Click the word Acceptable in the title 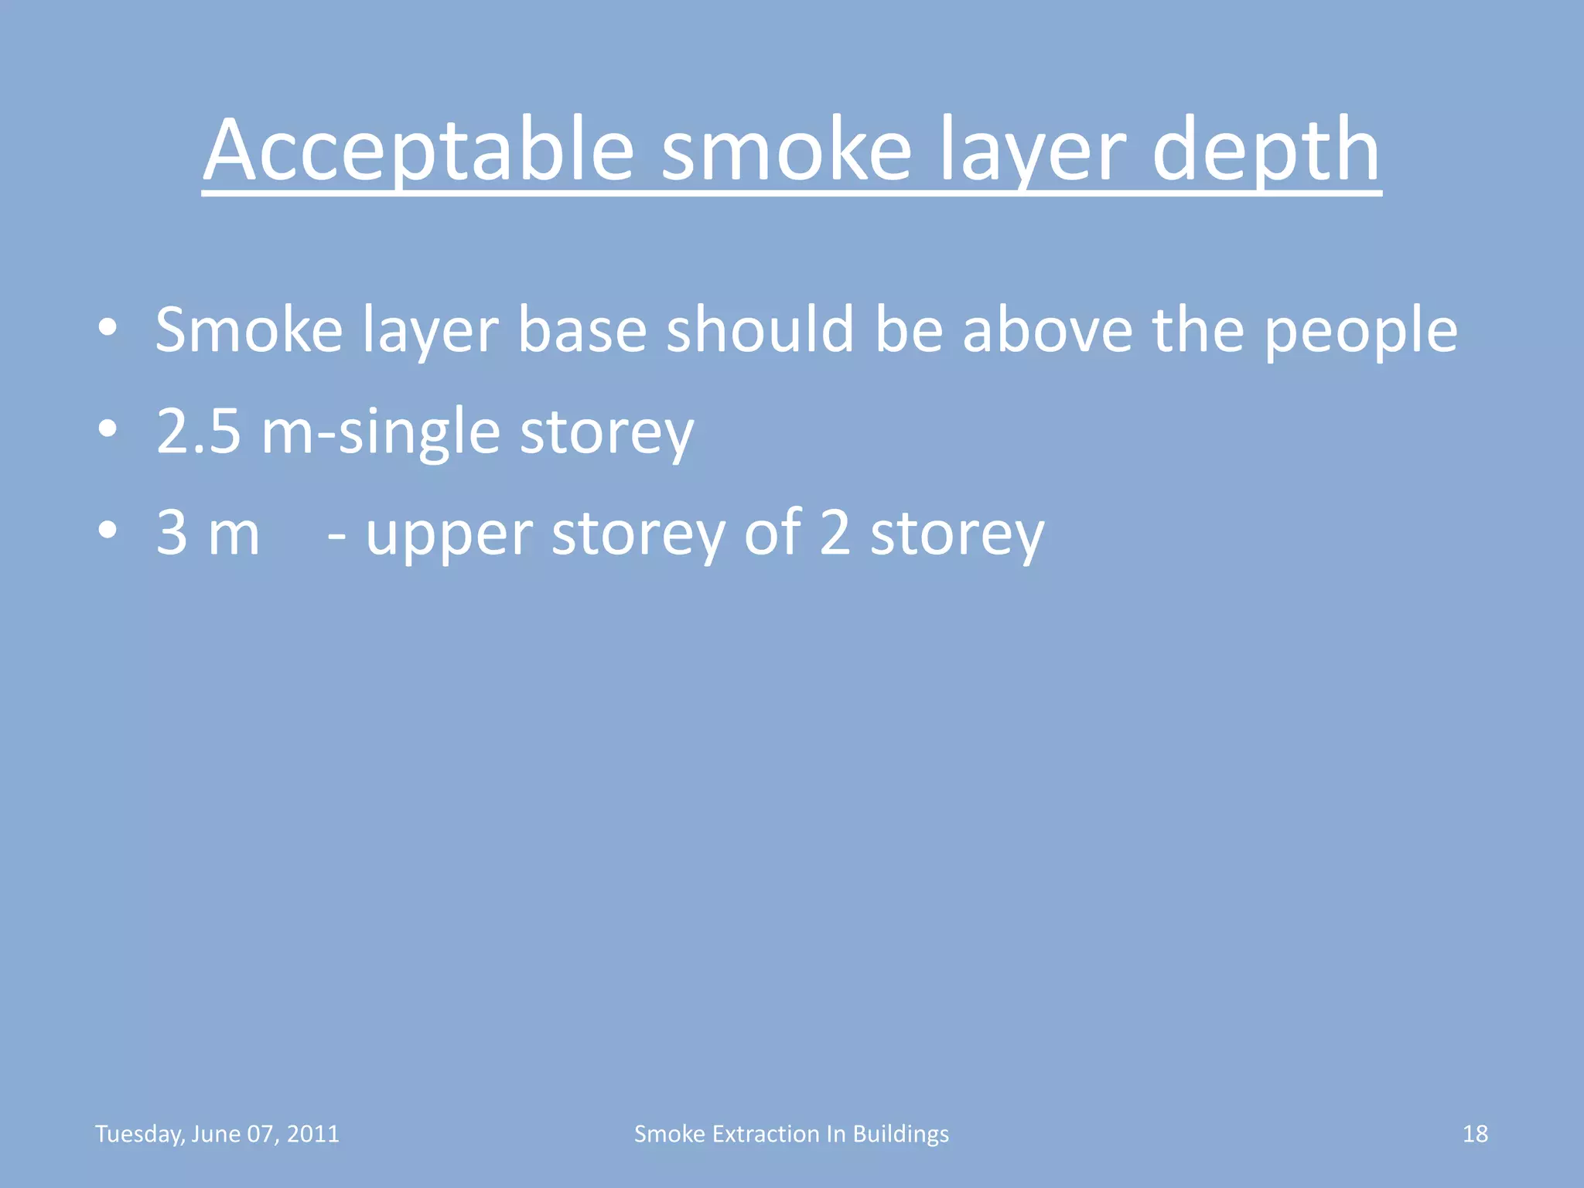point(418,150)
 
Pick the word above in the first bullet point(1047,330)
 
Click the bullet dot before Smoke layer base point(108,328)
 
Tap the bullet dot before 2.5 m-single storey point(108,429)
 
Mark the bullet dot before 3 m point(108,531)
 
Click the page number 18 point(1475,1134)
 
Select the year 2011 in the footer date point(313,1134)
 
